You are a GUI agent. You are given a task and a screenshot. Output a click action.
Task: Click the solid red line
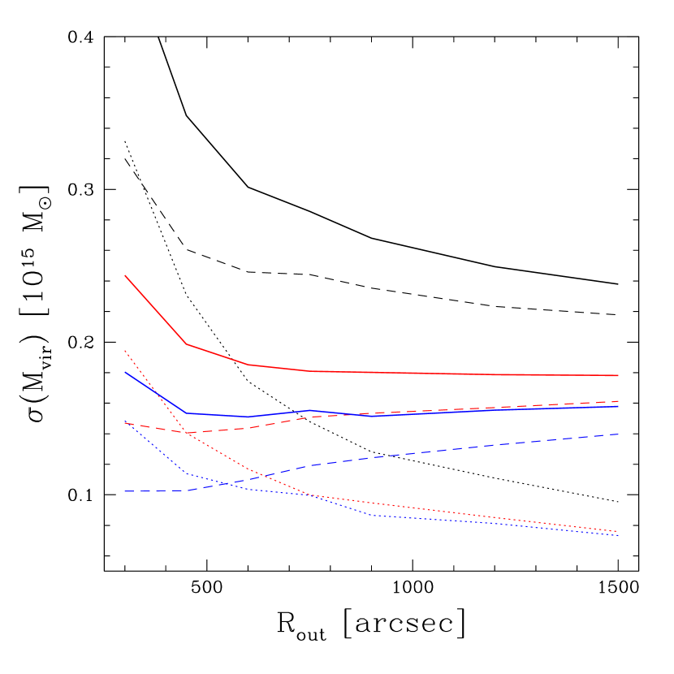(406, 374)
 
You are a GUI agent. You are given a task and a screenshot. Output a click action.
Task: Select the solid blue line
(487, 410)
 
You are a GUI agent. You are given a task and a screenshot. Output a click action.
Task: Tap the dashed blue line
(487, 447)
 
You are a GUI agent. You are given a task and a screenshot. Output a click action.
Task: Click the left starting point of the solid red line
(125, 275)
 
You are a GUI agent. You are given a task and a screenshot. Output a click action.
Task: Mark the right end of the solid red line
(619, 376)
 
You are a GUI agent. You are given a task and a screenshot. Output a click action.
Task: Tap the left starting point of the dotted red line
(125, 350)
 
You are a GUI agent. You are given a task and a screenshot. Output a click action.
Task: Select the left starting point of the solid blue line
(125, 372)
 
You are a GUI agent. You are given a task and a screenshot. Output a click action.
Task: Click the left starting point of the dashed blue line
(125, 491)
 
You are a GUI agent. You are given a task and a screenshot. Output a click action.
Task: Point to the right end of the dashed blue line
(619, 434)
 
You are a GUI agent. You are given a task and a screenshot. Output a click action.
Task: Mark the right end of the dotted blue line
(619, 536)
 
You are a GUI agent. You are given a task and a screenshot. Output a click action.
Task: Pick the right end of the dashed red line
(619, 401)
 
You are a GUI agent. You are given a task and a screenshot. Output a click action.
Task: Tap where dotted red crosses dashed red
(184, 432)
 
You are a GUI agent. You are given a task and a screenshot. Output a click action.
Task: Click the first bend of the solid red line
(187, 343)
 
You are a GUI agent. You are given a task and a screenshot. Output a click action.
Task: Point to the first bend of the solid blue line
(187, 413)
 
